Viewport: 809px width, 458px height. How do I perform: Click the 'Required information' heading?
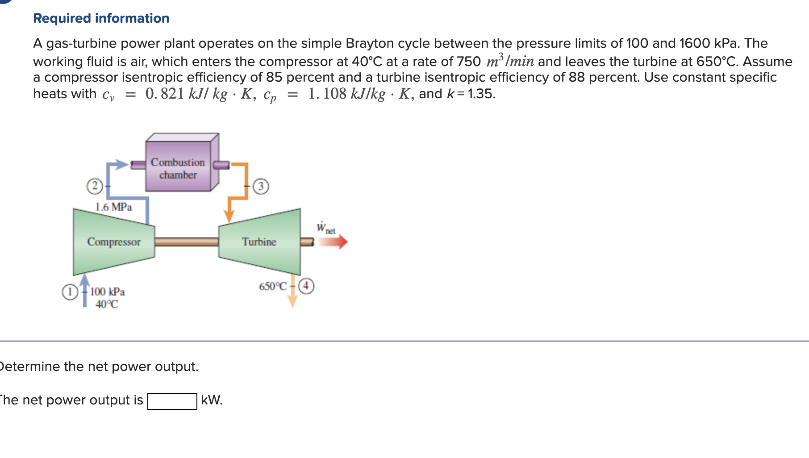(x=101, y=18)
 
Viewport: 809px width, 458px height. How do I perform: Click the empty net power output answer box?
(x=172, y=401)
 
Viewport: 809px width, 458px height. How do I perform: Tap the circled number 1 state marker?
(x=69, y=292)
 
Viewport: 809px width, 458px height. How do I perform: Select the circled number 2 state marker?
(x=94, y=186)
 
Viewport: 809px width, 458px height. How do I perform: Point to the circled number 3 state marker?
(x=261, y=186)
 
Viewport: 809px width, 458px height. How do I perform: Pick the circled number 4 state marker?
(x=306, y=286)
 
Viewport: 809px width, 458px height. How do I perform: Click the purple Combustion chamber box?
(x=178, y=167)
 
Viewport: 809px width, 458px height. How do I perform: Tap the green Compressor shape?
(x=114, y=241)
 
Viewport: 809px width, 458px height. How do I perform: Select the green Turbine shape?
(x=259, y=241)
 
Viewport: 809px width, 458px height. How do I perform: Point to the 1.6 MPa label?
(x=113, y=207)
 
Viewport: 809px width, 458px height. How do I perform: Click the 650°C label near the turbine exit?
(x=273, y=286)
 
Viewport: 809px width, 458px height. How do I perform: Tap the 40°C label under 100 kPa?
(x=107, y=304)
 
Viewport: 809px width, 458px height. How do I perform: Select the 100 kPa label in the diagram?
(x=108, y=292)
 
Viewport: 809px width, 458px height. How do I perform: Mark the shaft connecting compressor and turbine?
(x=187, y=242)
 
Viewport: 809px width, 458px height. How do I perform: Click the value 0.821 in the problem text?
(x=164, y=94)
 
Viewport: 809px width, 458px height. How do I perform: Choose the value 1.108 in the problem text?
(x=327, y=94)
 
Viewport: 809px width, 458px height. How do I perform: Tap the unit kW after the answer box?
(x=211, y=400)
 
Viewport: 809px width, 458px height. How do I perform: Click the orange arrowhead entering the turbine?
(x=229, y=216)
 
